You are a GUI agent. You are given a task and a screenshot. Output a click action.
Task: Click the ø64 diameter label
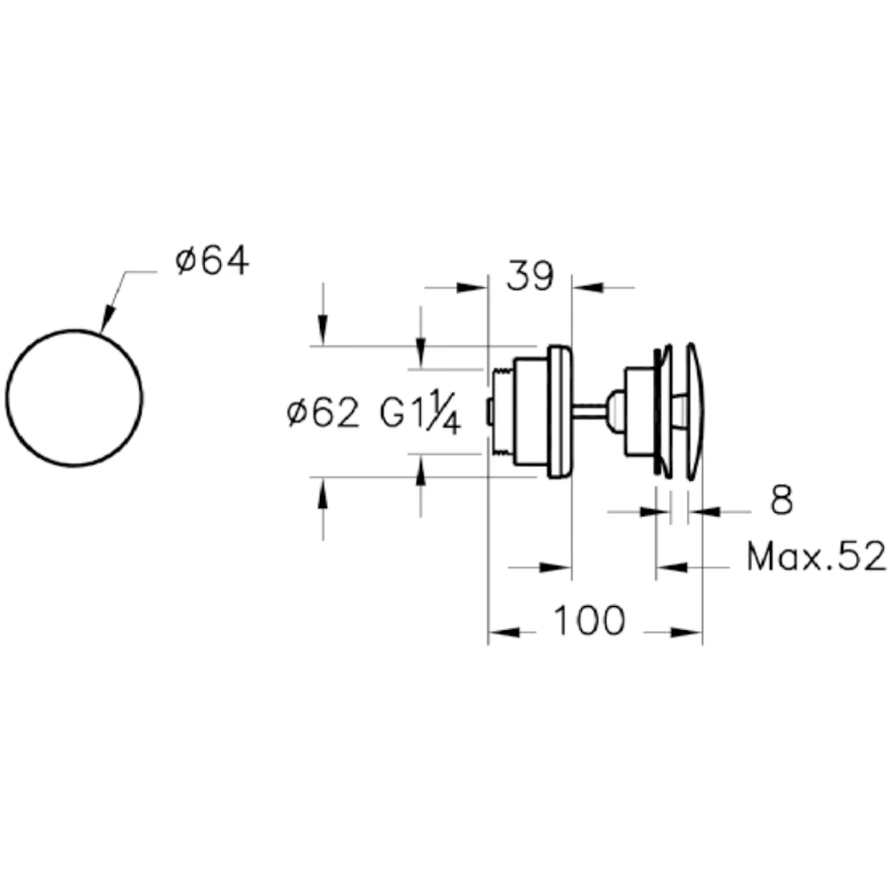212,262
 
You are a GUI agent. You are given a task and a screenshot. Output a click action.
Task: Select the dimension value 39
529,276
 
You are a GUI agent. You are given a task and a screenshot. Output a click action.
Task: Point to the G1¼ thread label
420,412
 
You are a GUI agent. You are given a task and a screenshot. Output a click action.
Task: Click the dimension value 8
781,501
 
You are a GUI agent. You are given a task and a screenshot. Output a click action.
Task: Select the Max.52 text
816,556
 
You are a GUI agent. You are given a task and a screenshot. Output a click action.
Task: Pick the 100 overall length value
589,620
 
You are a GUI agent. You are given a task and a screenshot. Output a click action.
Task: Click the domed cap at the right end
695,412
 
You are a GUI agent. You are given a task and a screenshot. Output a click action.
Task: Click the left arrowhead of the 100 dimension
503,633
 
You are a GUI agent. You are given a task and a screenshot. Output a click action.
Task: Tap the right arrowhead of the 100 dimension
687,633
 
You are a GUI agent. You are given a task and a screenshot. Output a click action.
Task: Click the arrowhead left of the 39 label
472,288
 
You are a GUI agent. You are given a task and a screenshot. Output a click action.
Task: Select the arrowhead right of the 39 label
587,288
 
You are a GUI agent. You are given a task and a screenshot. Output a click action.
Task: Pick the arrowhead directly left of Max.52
672,567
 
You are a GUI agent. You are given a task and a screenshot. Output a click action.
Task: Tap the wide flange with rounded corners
560,412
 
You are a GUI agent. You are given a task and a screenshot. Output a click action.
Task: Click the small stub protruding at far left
489,412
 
